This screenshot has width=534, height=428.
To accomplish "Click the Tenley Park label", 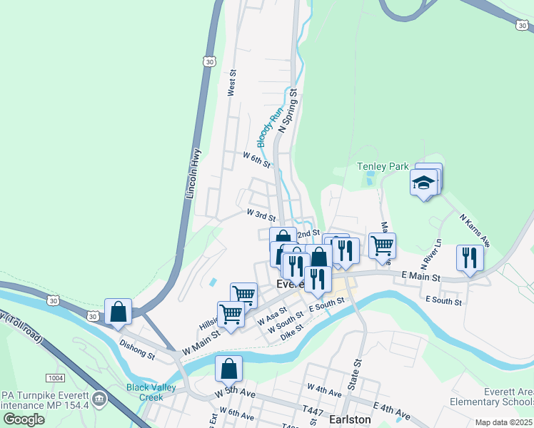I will pyautogui.click(x=383, y=167).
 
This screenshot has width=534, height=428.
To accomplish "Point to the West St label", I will pyautogui.click(x=231, y=83).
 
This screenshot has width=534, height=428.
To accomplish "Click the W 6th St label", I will pyautogui.click(x=256, y=159).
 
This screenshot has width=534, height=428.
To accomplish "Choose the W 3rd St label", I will pyautogui.click(x=261, y=214).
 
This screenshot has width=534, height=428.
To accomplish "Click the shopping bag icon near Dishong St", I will pyautogui.click(x=118, y=312).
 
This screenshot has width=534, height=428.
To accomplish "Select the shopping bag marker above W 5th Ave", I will pyautogui.click(x=228, y=369).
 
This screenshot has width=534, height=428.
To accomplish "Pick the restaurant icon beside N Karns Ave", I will pyautogui.click(x=469, y=258).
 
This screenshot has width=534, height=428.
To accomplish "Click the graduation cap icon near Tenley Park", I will pyautogui.click(x=424, y=183).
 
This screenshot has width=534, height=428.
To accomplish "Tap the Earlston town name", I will pyautogui.click(x=351, y=419).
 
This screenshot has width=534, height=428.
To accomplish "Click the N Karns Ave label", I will pyautogui.click(x=475, y=230).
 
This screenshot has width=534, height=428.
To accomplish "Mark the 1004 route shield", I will pyautogui.click(x=55, y=377).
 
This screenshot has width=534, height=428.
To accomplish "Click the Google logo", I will pyautogui.click(x=24, y=419).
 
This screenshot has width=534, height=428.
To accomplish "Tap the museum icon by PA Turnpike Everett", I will pyautogui.click(x=99, y=397).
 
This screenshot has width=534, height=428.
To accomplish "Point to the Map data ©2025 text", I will pyautogui.click(x=503, y=422).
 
